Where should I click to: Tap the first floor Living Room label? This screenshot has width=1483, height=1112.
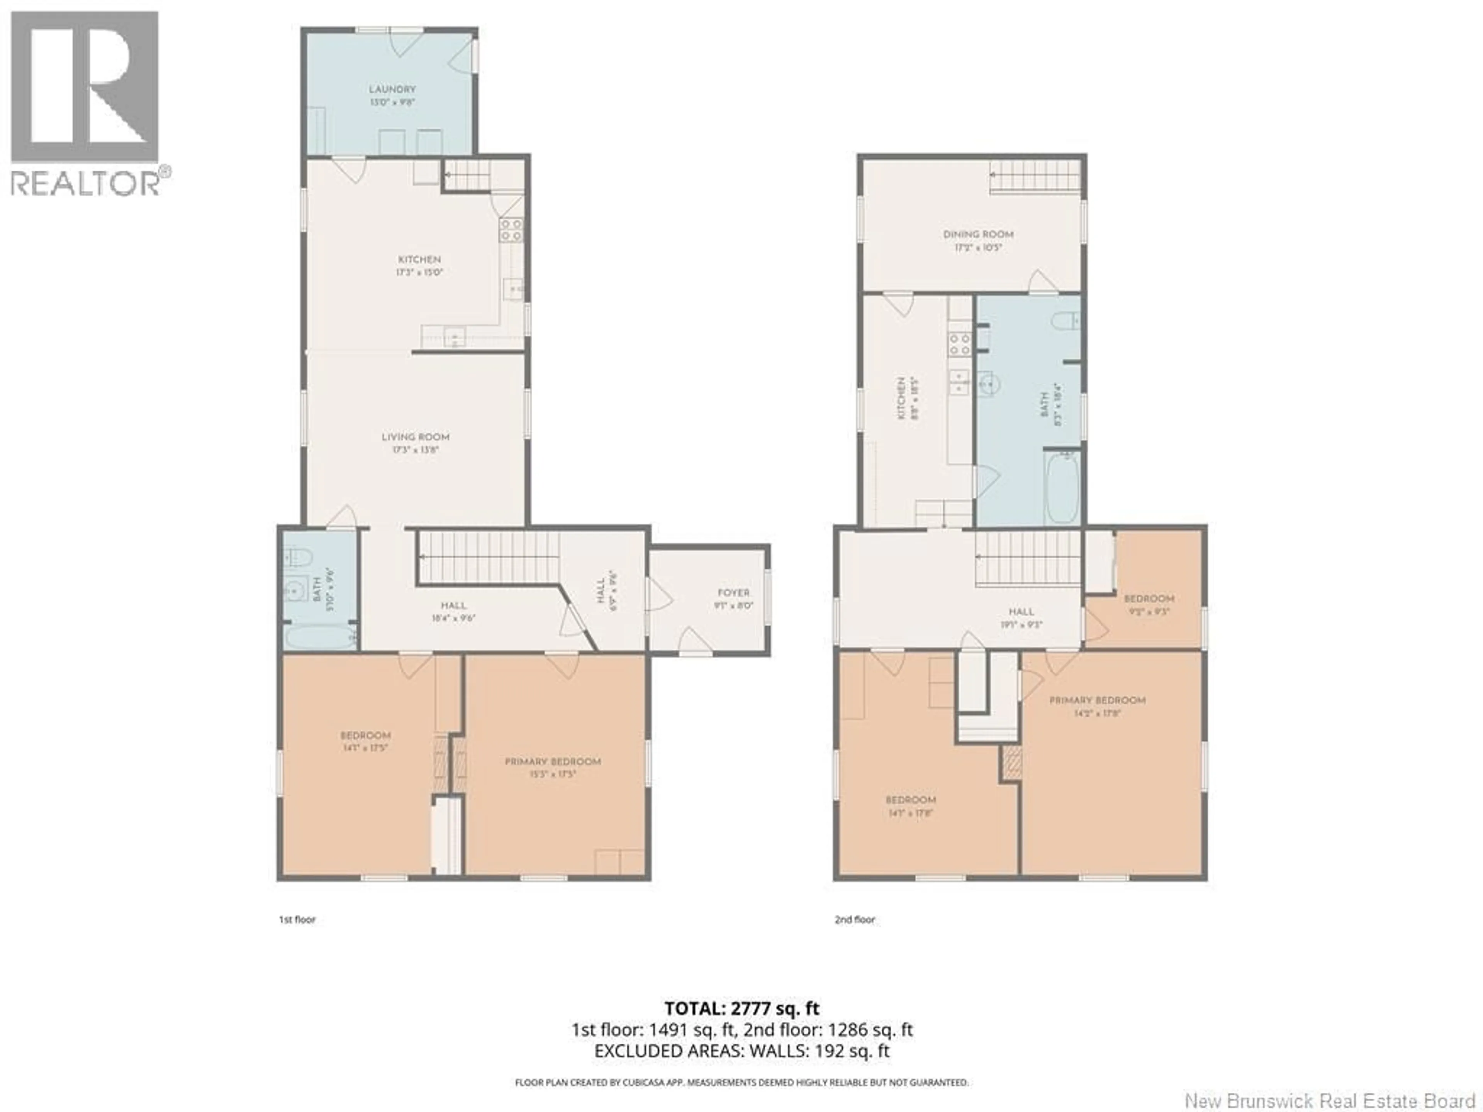coord(415,443)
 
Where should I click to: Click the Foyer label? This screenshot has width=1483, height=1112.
coord(733,598)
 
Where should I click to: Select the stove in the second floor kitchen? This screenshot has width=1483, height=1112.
coord(959,344)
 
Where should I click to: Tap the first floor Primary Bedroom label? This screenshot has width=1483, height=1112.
coord(552,767)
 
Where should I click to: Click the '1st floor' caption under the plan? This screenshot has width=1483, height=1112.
coord(297,920)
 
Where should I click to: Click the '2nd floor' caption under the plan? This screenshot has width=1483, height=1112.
coord(855,920)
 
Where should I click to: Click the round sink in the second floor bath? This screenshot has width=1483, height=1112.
coord(987,385)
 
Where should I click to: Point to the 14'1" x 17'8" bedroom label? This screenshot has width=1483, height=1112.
coord(910,806)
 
